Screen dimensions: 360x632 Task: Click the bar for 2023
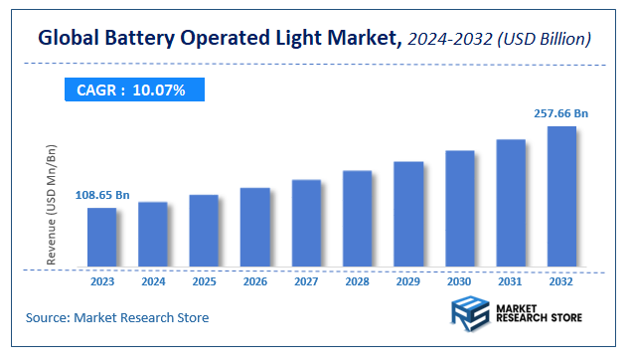[x=101, y=238]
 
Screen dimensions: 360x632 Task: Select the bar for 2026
[x=254, y=228]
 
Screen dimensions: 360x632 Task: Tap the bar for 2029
[x=408, y=214]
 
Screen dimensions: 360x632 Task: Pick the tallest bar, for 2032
[x=561, y=197]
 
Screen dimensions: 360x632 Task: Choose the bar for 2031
[x=511, y=203]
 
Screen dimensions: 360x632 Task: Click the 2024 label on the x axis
[x=152, y=282]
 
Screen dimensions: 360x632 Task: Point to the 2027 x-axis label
[x=306, y=282]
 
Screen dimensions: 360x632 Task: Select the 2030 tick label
[x=459, y=282]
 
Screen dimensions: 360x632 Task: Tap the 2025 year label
[x=204, y=282]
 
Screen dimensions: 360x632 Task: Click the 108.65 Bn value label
[x=102, y=196]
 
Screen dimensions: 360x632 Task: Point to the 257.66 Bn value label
[x=561, y=114]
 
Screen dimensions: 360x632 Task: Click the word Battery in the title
[x=136, y=39]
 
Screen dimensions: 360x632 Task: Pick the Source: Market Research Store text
[x=117, y=318]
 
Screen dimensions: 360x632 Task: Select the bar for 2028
[x=357, y=219]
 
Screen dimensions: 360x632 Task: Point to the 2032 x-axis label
[x=561, y=282]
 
